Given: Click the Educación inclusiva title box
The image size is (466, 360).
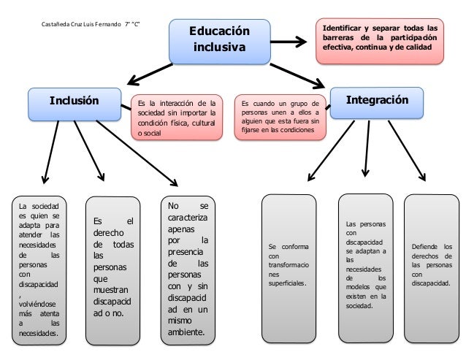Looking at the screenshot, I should pos(219,41).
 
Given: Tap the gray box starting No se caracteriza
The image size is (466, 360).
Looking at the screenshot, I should pos(187,269).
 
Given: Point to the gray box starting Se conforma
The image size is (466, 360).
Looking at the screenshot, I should pos(289,269).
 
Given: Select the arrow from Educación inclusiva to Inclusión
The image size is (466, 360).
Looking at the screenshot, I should pos(157,74).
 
